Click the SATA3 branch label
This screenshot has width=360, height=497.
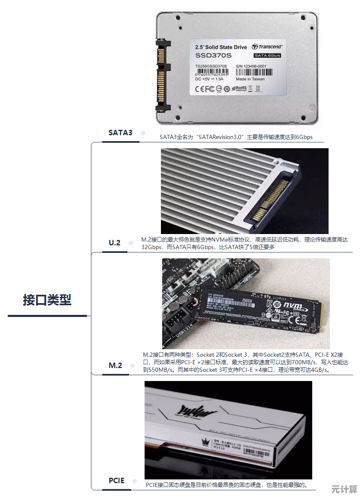pyautogui.click(x=120, y=132)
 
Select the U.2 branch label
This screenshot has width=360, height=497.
pyautogui.click(x=114, y=242)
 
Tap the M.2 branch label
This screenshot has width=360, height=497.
pyautogui.click(x=115, y=365)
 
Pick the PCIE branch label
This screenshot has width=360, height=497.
pyautogui.click(x=117, y=480)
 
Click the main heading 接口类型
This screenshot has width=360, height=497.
pyautogui.click(x=47, y=300)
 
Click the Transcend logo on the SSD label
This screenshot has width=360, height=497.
pyautogui.click(x=267, y=47)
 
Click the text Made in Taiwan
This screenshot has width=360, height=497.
pyautogui.click(x=250, y=79)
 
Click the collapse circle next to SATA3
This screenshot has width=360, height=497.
pyautogui.click(x=143, y=133)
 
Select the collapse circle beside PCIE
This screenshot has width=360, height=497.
pyautogui.click(x=135, y=481)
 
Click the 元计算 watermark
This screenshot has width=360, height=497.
pyautogui.click(x=343, y=489)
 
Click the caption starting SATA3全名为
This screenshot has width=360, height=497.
pyautogui.click(x=236, y=137)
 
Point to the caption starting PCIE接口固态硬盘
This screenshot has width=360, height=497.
pyautogui.click(x=227, y=485)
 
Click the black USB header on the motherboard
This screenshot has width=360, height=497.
pyautogui.click(x=176, y=324)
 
